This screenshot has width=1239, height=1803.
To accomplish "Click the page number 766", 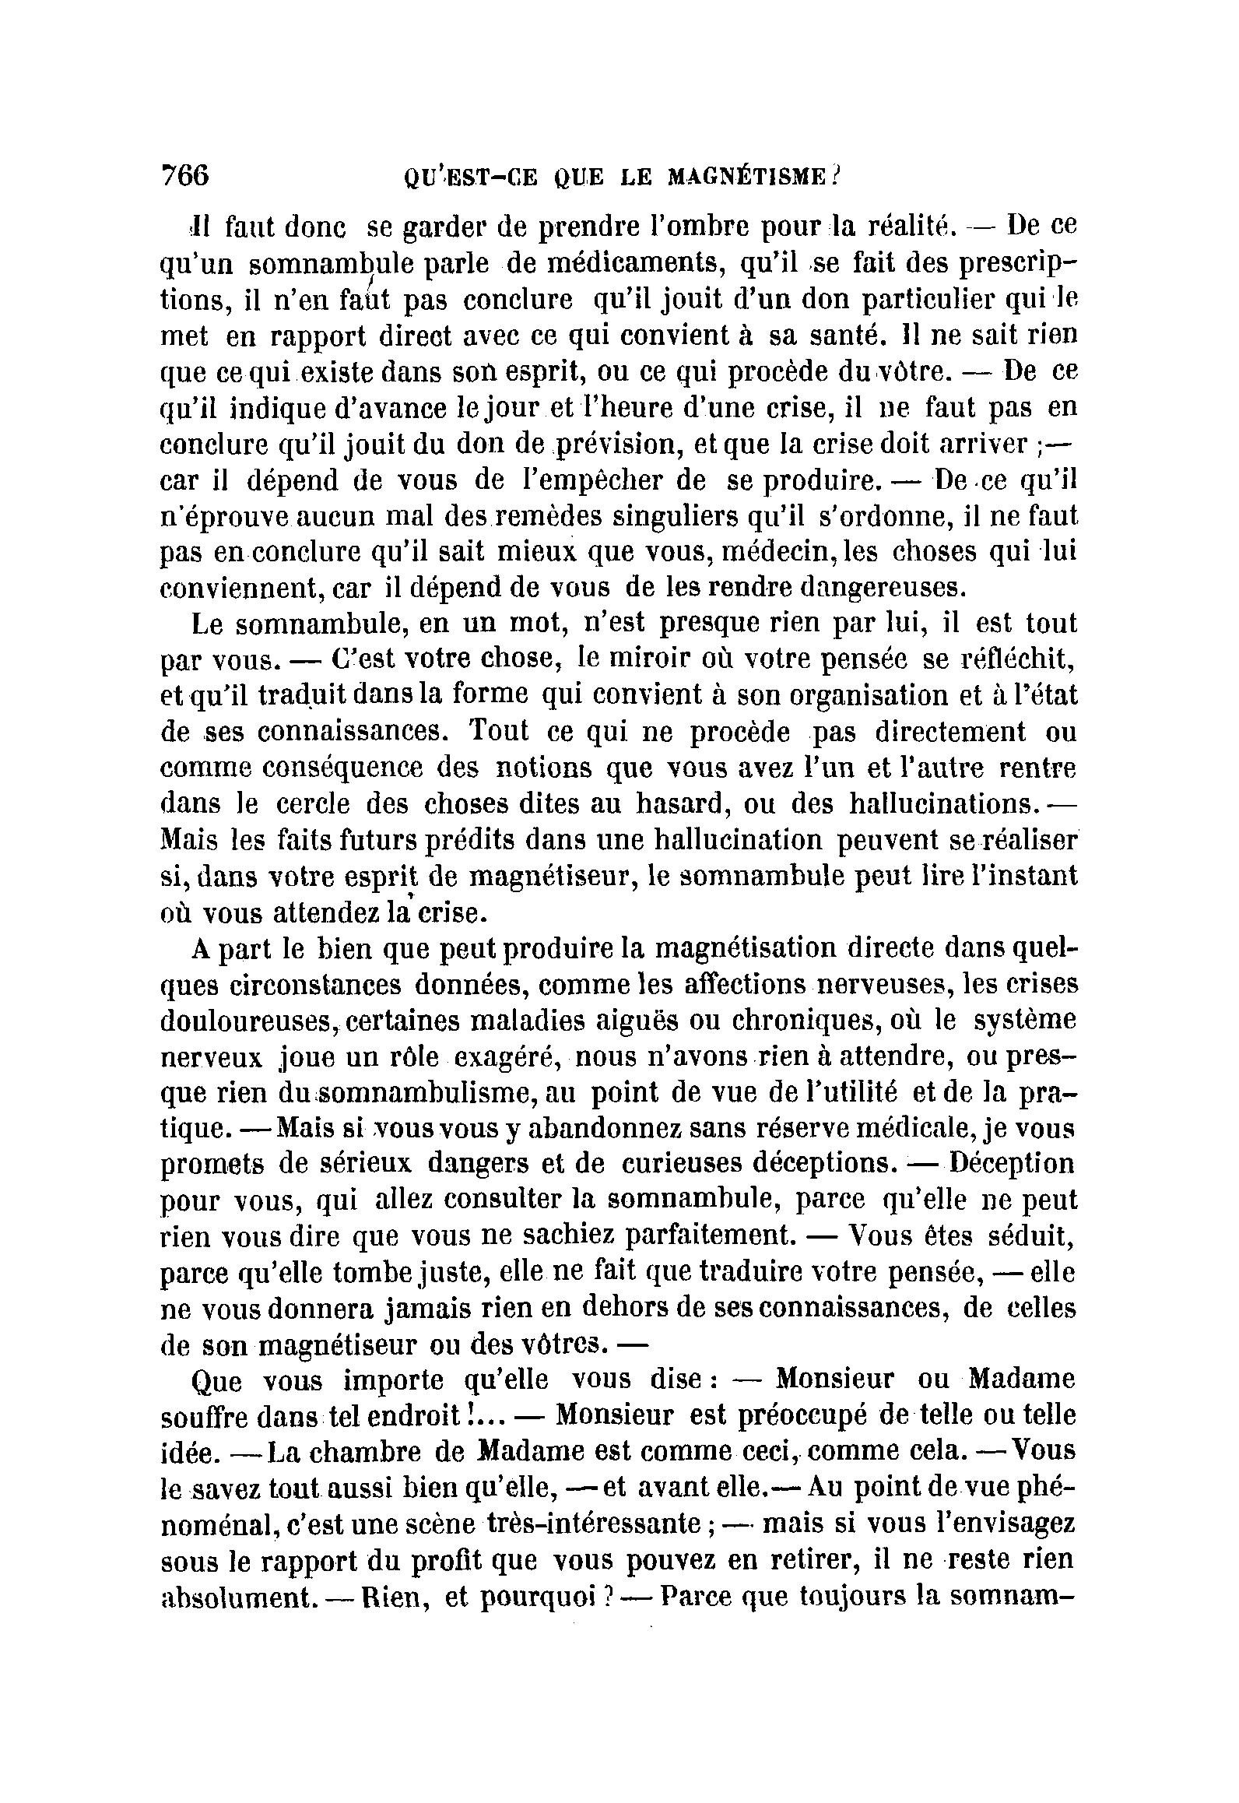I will click(x=184, y=175).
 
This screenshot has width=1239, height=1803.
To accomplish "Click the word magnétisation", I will click(x=744, y=948).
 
